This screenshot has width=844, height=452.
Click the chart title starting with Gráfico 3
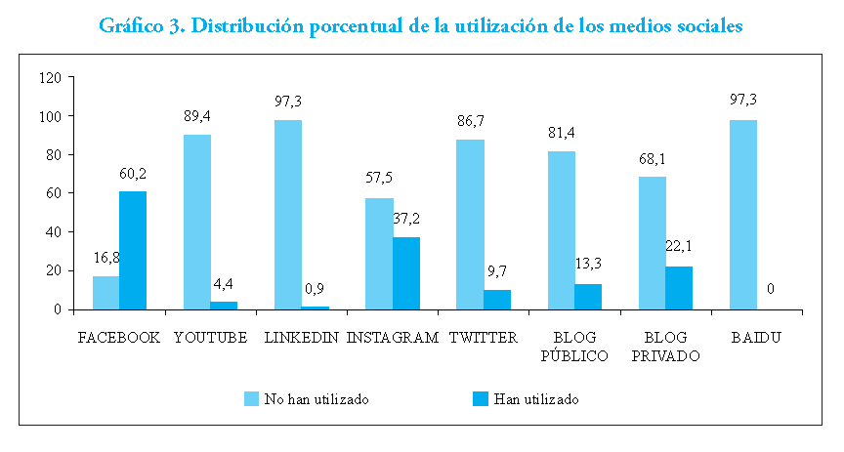coord(422,26)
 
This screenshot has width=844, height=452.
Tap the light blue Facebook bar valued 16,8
coord(105,292)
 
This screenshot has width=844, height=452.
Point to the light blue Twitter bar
coord(470,225)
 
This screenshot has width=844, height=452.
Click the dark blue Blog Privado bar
coord(680,287)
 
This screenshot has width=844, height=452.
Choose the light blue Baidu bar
coord(743,215)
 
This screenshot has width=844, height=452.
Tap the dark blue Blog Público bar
coord(589,296)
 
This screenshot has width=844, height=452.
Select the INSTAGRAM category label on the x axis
coord(394,338)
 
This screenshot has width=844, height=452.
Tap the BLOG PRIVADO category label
coord(666,347)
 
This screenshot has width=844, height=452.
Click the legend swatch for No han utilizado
coord(251,398)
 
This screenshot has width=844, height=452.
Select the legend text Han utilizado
coord(536,398)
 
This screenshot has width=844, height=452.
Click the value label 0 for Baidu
coord(771,290)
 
